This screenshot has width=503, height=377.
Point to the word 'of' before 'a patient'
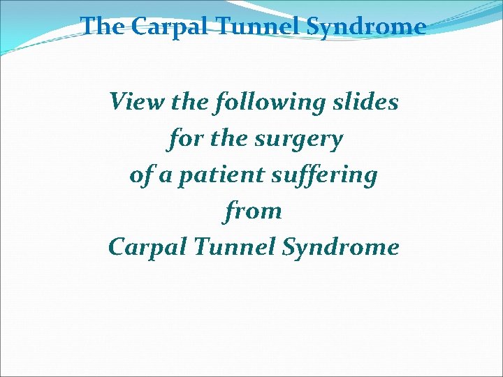pos(140,175)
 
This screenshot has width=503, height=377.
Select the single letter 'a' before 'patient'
pos(166,176)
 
